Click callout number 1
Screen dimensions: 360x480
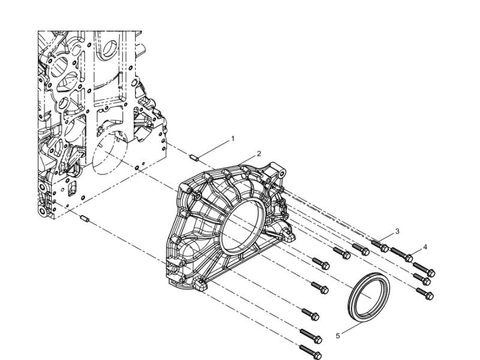pyautogui.click(x=233, y=139)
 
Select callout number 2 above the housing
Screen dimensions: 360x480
pyautogui.click(x=259, y=154)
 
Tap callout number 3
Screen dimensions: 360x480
pyautogui.click(x=397, y=230)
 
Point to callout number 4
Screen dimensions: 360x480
pyautogui.click(x=425, y=247)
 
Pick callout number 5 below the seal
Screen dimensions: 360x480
pyautogui.click(x=338, y=336)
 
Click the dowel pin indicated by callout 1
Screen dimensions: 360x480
pyautogui.click(x=194, y=158)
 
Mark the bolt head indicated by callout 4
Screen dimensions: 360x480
pyautogui.click(x=409, y=258)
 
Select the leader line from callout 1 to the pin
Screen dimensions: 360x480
pyautogui.click(x=215, y=148)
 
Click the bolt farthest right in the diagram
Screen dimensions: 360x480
pyautogui.click(x=430, y=272)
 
